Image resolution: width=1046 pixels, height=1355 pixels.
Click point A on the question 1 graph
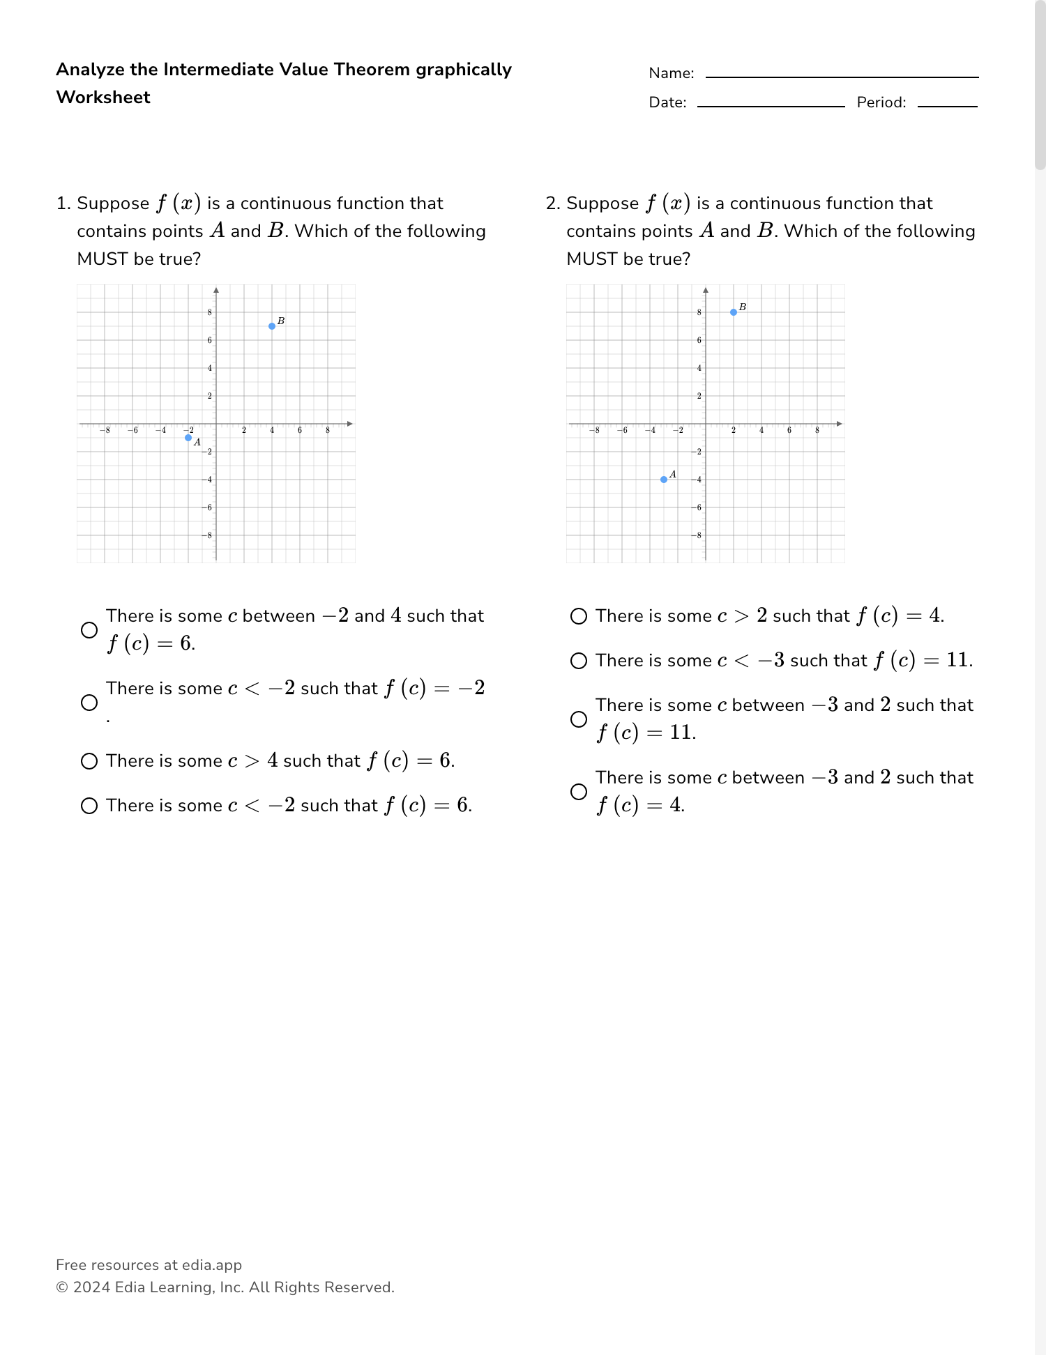[188, 438]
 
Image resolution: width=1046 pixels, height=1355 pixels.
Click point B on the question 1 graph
[272, 326]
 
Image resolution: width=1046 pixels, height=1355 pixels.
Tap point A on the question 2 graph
[664, 480]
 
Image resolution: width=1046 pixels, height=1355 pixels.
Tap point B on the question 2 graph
[734, 312]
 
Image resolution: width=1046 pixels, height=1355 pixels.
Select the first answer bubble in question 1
[89, 630]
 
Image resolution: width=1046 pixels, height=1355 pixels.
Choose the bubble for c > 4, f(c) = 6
[89, 761]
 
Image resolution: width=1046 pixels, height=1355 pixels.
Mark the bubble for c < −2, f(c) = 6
[89, 806]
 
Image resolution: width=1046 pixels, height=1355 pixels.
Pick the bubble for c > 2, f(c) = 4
[579, 616]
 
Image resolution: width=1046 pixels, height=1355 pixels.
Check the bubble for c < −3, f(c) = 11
[579, 661]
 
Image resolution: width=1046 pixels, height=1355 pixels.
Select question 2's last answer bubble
[579, 792]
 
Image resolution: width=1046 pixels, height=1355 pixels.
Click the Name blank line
[842, 75]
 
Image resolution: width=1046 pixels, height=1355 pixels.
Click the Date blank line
[771, 105]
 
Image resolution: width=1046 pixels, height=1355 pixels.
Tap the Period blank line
[947, 105]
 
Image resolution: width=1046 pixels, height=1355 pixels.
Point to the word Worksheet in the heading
[103, 98]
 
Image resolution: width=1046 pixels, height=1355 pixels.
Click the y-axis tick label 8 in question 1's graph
[210, 312]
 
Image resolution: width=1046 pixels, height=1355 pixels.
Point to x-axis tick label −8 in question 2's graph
[594, 431]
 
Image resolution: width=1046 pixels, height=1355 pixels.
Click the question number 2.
[552, 204]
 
